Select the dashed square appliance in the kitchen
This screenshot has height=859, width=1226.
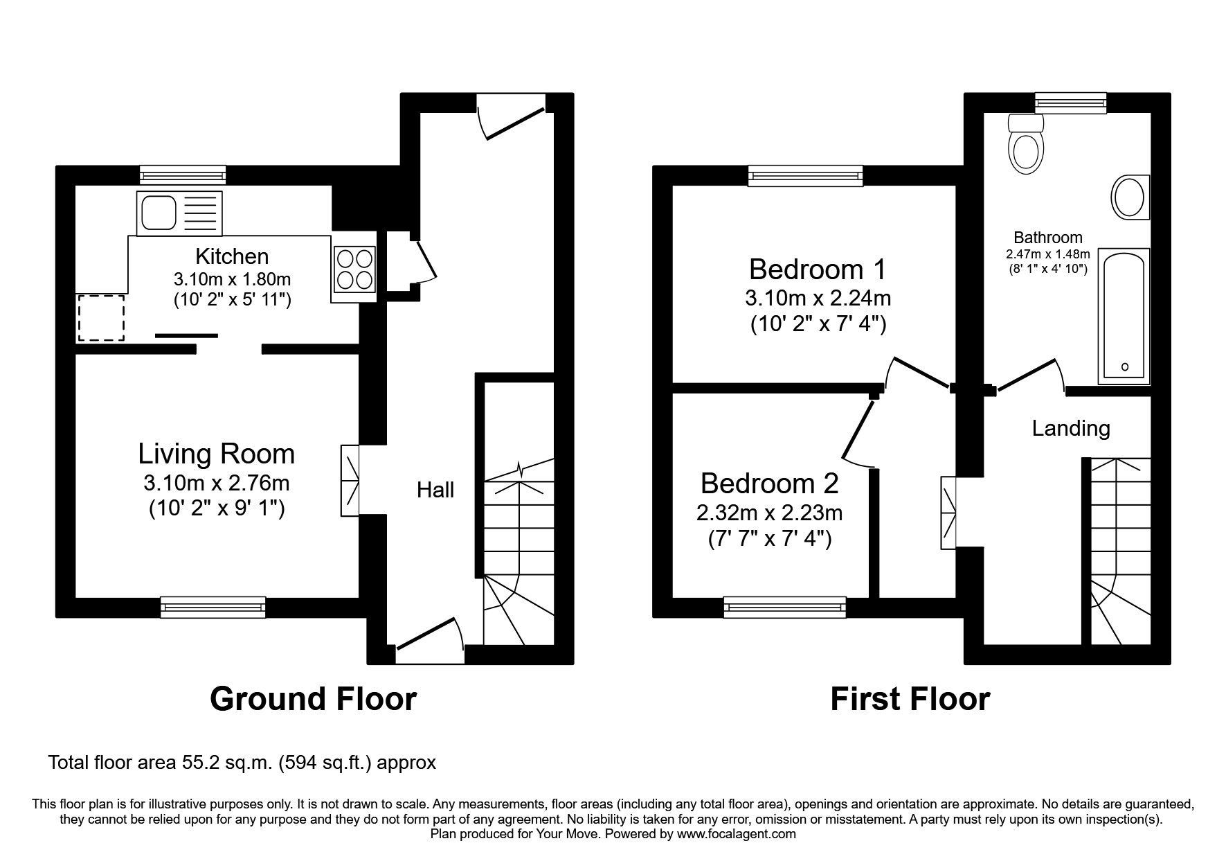coord(101,317)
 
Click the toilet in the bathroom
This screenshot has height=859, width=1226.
coord(1026,145)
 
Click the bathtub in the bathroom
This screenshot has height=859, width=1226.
coord(1123,316)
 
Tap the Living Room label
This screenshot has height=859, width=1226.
coord(216,454)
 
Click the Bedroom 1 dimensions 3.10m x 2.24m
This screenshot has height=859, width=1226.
coord(818,299)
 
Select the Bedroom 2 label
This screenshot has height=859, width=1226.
coord(769,483)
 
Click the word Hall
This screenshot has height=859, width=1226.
coord(435,490)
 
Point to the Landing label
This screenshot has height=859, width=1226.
coord(1070,428)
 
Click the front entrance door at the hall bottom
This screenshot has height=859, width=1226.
coord(429,636)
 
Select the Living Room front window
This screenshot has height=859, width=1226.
coord(213,607)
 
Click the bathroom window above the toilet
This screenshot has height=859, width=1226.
coord(1070,103)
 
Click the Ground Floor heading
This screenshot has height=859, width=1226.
coord(313,699)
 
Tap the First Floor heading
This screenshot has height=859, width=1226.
coord(909,699)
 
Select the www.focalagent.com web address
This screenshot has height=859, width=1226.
coord(736,834)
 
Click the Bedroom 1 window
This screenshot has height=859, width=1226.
coord(806,176)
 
